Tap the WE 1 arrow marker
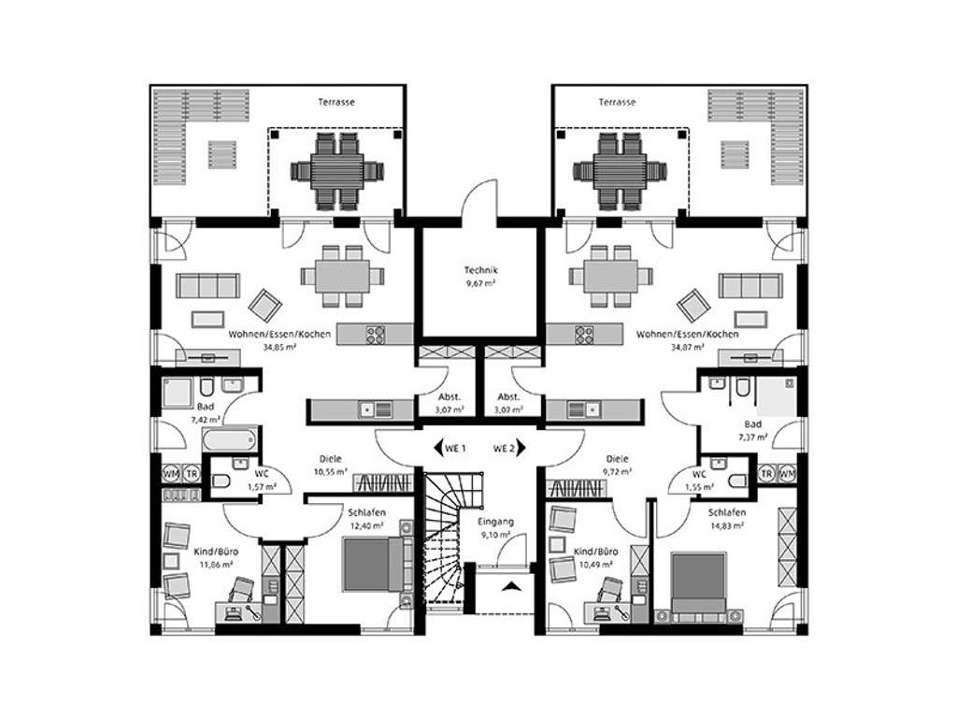[x=439, y=448]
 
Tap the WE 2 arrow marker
[x=521, y=448]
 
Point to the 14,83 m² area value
[x=726, y=525]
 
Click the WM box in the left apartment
[x=171, y=473]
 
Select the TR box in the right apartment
[x=766, y=473]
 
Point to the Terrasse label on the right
[x=617, y=102]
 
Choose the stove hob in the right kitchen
[x=585, y=333]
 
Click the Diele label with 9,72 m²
[x=617, y=459]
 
